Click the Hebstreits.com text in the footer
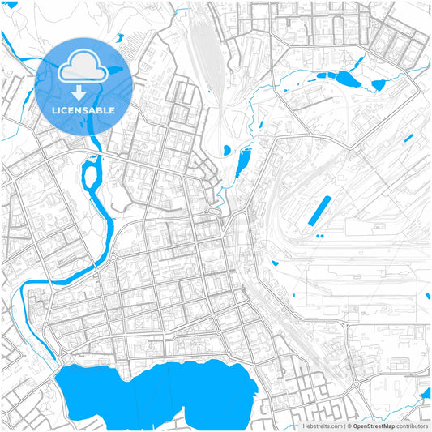pos(323,426)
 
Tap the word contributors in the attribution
pos(413,426)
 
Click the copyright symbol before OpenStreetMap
pos(349,426)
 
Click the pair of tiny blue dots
pos(320,236)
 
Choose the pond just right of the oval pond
pos(378,83)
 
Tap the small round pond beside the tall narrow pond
pos(226,149)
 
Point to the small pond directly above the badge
pos(120,37)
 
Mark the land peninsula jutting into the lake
pos(134,377)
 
